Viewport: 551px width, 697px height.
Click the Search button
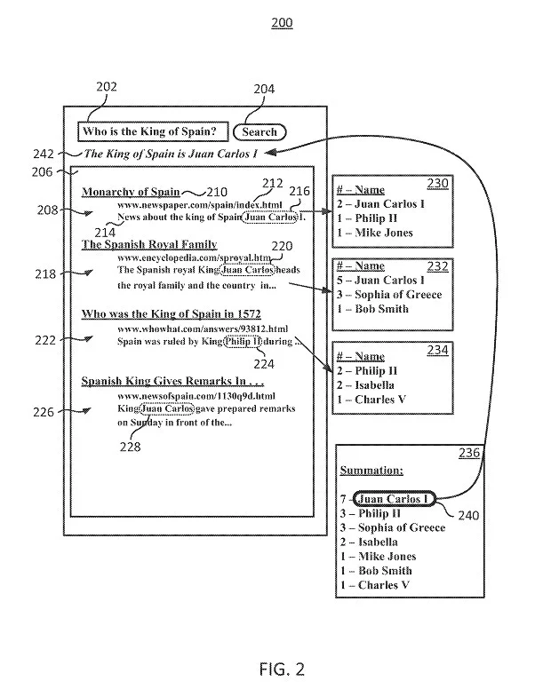(260, 132)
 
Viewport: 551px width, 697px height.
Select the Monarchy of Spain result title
(131, 192)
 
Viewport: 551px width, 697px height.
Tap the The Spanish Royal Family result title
(149, 244)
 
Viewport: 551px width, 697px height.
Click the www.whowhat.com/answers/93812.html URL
(203, 329)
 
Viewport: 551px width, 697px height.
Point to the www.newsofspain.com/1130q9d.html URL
(196, 395)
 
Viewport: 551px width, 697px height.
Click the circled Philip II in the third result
(243, 342)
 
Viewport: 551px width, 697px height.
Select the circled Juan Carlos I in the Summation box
(391, 499)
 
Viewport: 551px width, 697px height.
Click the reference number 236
(469, 453)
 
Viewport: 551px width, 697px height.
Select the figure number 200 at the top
(281, 22)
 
